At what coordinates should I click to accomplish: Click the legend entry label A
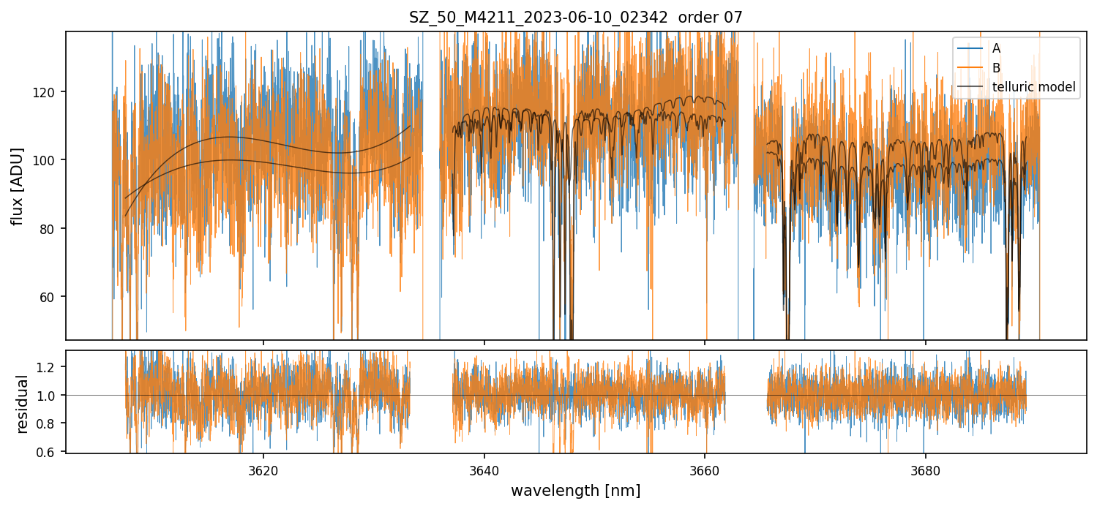pyautogui.click(x=996, y=48)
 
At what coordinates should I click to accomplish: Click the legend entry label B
pyautogui.click(x=996, y=68)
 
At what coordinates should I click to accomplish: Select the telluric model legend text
pyautogui.click(x=1033, y=87)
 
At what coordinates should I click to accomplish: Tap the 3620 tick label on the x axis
pyautogui.click(x=263, y=469)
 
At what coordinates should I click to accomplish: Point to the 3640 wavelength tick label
pyautogui.click(x=484, y=469)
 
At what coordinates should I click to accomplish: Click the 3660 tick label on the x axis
pyautogui.click(x=705, y=469)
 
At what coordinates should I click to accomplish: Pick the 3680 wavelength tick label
pyautogui.click(x=926, y=469)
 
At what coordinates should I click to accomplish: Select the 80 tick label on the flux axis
pyautogui.click(x=51, y=229)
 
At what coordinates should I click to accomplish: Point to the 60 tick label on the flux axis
pyautogui.click(x=51, y=297)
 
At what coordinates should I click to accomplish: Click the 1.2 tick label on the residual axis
pyautogui.click(x=48, y=367)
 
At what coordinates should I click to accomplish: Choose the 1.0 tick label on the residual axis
pyautogui.click(x=48, y=396)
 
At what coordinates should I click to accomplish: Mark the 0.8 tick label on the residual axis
pyautogui.click(x=48, y=424)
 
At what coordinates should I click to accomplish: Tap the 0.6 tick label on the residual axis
pyautogui.click(x=48, y=452)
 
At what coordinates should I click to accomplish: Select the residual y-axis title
pyautogui.click(x=22, y=404)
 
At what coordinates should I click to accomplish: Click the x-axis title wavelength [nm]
pyautogui.click(x=575, y=491)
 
